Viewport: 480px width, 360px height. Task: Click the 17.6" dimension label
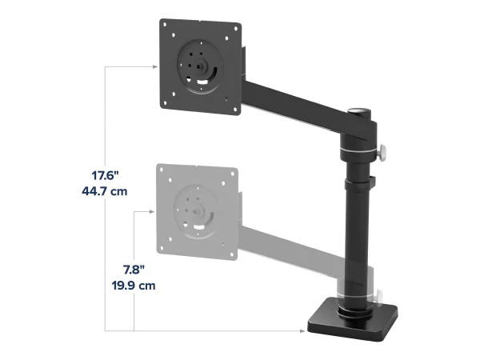click(x=105, y=176)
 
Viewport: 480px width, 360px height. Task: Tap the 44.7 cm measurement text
click(x=104, y=191)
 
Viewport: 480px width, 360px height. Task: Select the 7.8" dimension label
click(x=134, y=270)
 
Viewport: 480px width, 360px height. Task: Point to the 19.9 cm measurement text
click(x=134, y=286)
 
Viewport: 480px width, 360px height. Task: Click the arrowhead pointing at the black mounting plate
click(x=155, y=66)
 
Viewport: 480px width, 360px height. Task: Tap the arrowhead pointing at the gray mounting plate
click(x=151, y=211)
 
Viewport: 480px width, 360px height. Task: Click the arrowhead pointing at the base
click(x=302, y=331)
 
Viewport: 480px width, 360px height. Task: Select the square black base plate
click(x=353, y=320)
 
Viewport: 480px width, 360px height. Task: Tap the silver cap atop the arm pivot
click(x=359, y=110)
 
